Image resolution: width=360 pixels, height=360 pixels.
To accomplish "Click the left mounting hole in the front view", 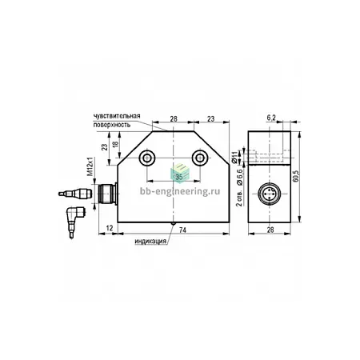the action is [146, 158].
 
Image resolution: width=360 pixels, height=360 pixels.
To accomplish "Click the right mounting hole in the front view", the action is [199, 158].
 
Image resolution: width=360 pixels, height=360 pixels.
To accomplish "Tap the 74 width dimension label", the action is [182, 230].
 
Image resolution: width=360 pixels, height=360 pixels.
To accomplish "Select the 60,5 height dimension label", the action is [295, 176].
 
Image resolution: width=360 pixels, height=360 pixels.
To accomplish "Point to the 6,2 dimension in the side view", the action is [271, 118].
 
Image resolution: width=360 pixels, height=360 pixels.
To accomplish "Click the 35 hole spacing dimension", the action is [179, 177].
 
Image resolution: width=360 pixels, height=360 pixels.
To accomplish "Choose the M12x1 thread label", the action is [90, 167].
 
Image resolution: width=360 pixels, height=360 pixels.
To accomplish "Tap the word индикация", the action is [150, 242].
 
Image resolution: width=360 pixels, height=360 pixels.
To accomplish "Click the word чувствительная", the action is [117, 116].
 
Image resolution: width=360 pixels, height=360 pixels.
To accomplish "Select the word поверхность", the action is [112, 125].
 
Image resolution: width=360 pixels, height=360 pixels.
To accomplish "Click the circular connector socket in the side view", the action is [270, 194].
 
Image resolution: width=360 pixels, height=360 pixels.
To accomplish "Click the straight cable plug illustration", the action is [75, 193].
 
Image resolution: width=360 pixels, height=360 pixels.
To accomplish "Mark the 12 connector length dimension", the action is [110, 228].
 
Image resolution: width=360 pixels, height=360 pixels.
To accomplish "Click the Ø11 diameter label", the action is [234, 157].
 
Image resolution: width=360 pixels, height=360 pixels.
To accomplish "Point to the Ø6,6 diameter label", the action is [239, 177].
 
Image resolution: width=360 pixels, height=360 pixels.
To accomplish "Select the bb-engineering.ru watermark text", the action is [180, 191].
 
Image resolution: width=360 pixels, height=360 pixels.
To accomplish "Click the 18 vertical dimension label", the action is [115, 145].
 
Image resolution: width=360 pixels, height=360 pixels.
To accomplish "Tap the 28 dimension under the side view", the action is [270, 230].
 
